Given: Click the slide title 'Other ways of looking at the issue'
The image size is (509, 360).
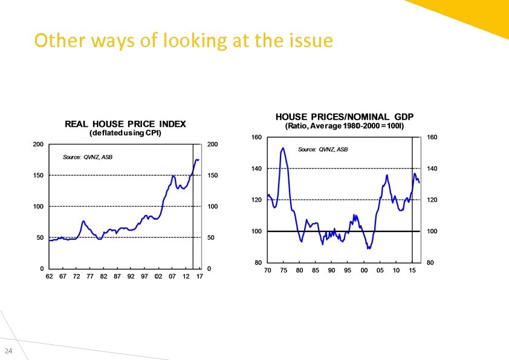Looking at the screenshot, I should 183,40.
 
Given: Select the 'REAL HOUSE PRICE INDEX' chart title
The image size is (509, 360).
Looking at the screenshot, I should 125,124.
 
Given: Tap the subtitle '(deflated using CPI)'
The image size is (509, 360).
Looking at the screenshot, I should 125,133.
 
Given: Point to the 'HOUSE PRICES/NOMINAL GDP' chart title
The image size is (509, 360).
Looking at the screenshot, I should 345,117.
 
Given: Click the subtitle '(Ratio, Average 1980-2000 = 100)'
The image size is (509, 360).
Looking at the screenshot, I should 345,126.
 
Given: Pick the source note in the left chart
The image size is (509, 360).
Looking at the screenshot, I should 88,157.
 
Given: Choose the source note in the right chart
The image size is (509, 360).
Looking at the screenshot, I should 323,149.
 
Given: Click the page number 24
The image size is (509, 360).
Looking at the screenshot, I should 8,352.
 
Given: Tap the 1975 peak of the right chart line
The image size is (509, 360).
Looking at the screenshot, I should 282,149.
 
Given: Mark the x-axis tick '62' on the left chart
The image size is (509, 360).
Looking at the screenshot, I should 49,276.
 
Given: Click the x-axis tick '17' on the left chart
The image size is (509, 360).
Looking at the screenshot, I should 199,276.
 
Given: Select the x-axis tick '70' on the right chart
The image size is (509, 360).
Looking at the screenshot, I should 267,270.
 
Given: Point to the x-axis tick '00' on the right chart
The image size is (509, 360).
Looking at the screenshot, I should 364,270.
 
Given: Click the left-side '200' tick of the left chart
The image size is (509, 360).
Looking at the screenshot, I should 38,144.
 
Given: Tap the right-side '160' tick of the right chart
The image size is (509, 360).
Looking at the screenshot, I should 432,137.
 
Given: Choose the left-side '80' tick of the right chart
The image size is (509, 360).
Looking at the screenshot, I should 258,263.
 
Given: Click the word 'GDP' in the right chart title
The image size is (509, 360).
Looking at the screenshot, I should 404,117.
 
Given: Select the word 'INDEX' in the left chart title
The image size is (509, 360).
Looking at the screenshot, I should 173,124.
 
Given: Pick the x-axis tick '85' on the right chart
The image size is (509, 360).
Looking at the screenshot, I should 316,270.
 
